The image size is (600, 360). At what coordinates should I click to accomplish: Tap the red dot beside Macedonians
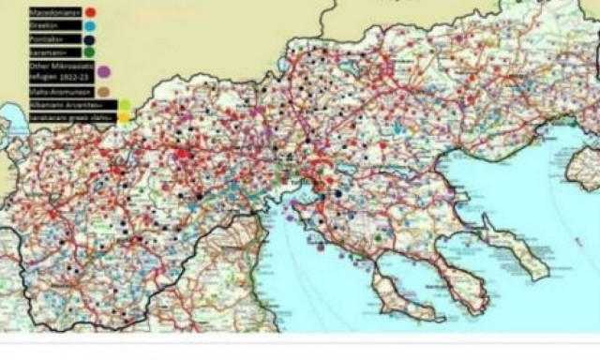(x=90, y=11)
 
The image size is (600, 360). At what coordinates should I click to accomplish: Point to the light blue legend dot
(x=89, y=26)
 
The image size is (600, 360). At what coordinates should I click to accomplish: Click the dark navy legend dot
(x=89, y=40)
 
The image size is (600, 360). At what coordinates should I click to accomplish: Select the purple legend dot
(x=103, y=72)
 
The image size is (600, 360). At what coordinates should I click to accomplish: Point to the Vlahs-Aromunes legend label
(x=57, y=92)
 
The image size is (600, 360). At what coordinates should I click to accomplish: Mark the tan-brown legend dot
(x=103, y=92)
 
